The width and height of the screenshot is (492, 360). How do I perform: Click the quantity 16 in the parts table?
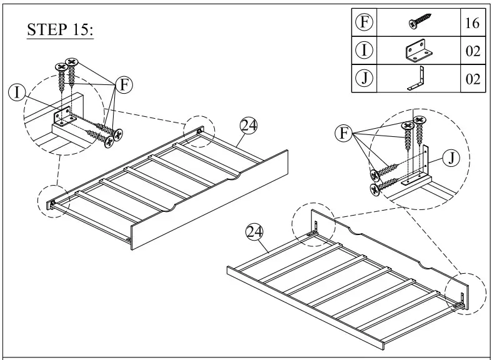[x=471, y=24]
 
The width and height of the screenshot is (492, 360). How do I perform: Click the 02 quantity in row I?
[x=471, y=51]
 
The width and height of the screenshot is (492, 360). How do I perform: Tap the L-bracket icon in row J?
[x=416, y=79]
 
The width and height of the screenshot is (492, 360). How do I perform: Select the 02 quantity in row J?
[x=471, y=79]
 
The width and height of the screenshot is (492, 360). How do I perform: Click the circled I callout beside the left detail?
[x=17, y=92]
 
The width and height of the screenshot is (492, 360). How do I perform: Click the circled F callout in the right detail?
[x=343, y=132]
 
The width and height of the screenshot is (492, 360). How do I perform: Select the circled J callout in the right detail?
[x=451, y=158]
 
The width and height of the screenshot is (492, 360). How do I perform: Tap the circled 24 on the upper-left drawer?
[x=248, y=125]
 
